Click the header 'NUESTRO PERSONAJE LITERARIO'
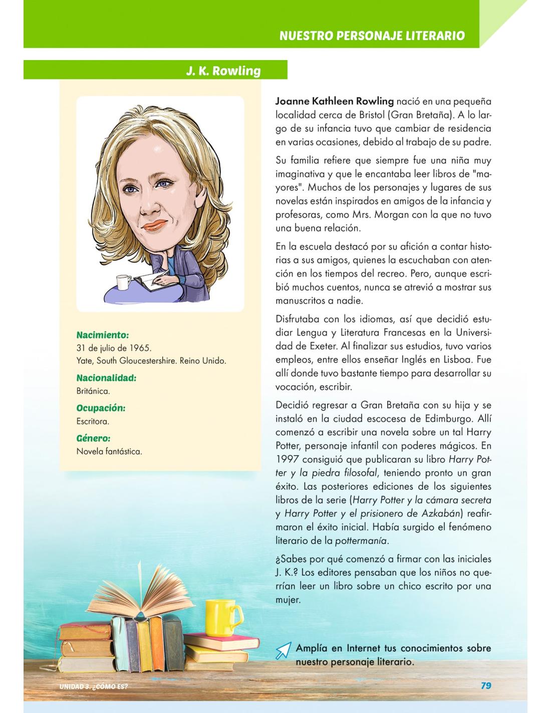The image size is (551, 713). (372, 36)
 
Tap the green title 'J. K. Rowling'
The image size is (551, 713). (223, 71)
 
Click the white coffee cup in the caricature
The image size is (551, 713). (123, 282)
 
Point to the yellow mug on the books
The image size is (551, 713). (222, 617)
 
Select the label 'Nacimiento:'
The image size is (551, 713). (103, 334)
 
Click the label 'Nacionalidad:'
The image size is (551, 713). (106, 378)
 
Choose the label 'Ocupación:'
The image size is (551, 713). (101, 408)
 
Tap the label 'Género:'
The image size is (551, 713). (93, 438)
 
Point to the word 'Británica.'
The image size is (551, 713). (93, 391)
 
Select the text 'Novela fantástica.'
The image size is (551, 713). (109, 451)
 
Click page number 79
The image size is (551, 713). (485, 685)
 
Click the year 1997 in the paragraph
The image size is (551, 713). (289, 459)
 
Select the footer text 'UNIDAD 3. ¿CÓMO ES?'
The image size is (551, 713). (93, 686)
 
